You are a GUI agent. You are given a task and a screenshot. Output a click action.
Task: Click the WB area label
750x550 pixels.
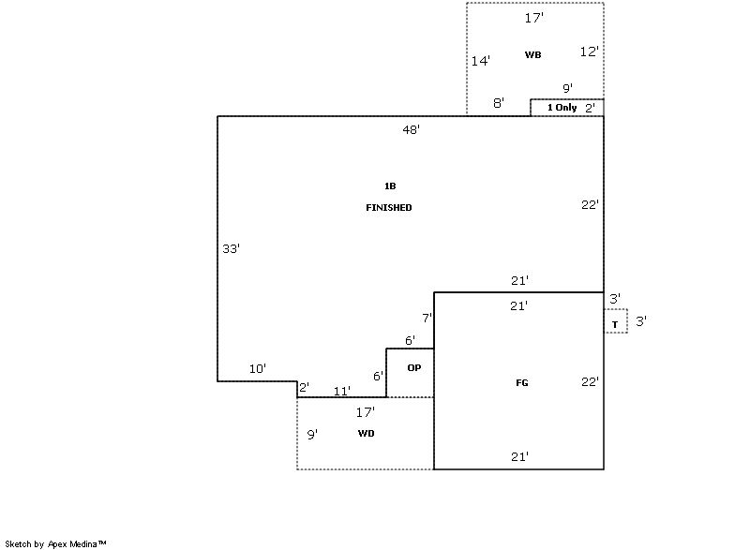pyautogui.click(x=532, y=54)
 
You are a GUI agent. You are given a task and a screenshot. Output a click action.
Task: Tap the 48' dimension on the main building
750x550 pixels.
pyautogui.click(x=411, y=129)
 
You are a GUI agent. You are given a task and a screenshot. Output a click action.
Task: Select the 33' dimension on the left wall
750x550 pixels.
pyautogui.click(x=231, y=248)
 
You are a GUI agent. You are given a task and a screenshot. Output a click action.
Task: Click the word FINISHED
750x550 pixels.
pyautogui.click(x=389, y=207)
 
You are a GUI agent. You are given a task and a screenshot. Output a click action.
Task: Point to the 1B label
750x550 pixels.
pyautogui.click(x=390, y=186)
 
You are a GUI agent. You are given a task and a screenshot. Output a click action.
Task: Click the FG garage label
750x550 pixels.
pyautogui.click(x=522, y=383)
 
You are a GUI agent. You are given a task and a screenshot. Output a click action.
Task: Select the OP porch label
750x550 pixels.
pyautogui.click(x=414, y=367)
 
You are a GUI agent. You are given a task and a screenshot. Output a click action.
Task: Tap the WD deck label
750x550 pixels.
pyautogui.click(x=366, y=434)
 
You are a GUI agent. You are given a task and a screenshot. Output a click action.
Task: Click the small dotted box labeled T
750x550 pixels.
pyautogui.click(x=616, y=320)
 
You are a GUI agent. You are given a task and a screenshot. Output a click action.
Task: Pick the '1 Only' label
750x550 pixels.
pyautogui.click(x=562, y=108)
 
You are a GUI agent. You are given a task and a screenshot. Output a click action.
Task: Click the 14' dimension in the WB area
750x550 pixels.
pyautogui.click(x=480, y=61)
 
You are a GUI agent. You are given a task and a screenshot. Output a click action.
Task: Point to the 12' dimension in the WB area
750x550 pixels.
pyautogui.click(x=589, y=52)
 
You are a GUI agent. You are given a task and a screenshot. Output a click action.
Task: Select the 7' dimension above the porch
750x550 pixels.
pyautogui.click(x=427, y=318)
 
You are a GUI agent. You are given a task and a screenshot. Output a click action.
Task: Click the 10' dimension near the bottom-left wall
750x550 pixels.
pyautogui.click(x=257, y=368)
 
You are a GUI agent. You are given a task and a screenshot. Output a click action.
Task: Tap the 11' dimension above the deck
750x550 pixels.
pyautogui.click(x=341, y=391)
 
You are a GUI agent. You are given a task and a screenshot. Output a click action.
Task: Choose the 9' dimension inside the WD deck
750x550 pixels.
pyautogui.click(x=312, y=435)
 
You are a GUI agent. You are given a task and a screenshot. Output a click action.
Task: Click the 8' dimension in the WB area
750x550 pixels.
pyautogui.click(x=499, y=103)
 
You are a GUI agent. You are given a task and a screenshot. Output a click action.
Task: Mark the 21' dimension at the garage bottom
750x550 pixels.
pyautogui.click(x=519, y=457)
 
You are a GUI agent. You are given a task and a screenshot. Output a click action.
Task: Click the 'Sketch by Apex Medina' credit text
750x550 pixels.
pyautogui.click(x=55, y=543)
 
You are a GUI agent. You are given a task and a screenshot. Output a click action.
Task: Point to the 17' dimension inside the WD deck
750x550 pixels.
pyautogui.click(x=365, y=411)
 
